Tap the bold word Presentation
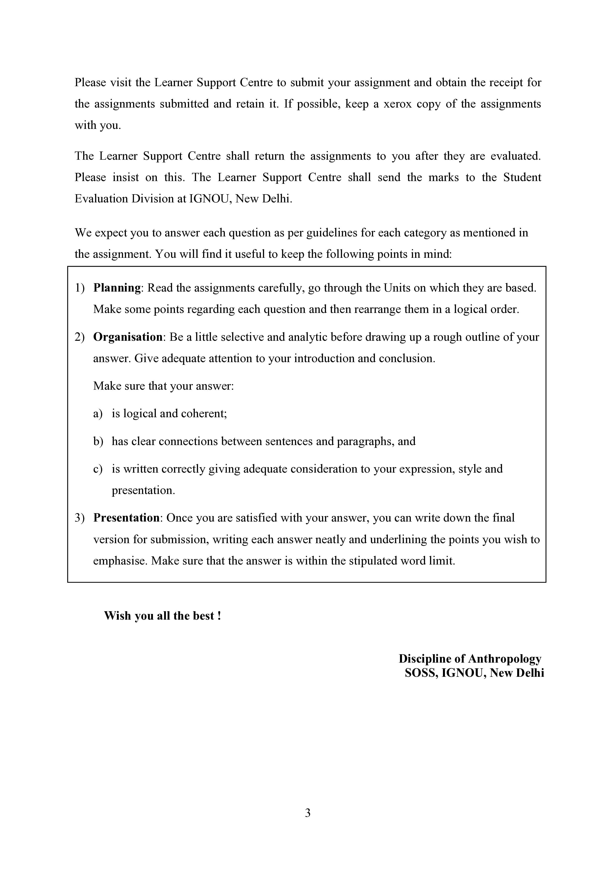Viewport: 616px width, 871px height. coord(126,518)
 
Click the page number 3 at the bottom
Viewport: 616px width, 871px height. coord(308,813)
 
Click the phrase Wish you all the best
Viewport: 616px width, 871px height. coord(162,616)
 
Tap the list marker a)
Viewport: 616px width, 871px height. coord(98,414)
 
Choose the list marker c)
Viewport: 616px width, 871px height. coord(98,469)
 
